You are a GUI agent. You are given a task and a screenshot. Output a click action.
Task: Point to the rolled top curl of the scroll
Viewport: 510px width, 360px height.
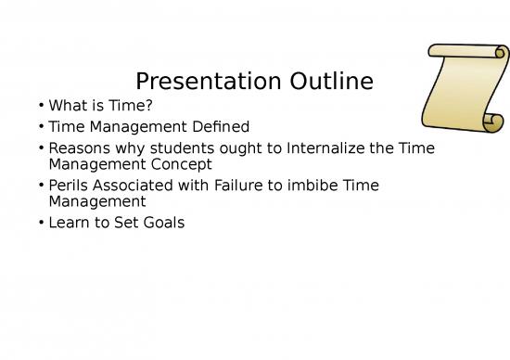tap(469, 54)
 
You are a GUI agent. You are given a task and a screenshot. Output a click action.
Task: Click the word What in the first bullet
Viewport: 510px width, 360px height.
tap(67, 106)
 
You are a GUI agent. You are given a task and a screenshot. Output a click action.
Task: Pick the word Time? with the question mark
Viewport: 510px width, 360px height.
tap(132, 106)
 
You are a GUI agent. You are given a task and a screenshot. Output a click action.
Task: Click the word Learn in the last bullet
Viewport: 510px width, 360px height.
tap(70, 222)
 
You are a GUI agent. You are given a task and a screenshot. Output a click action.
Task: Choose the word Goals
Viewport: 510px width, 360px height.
tap(161, 222)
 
